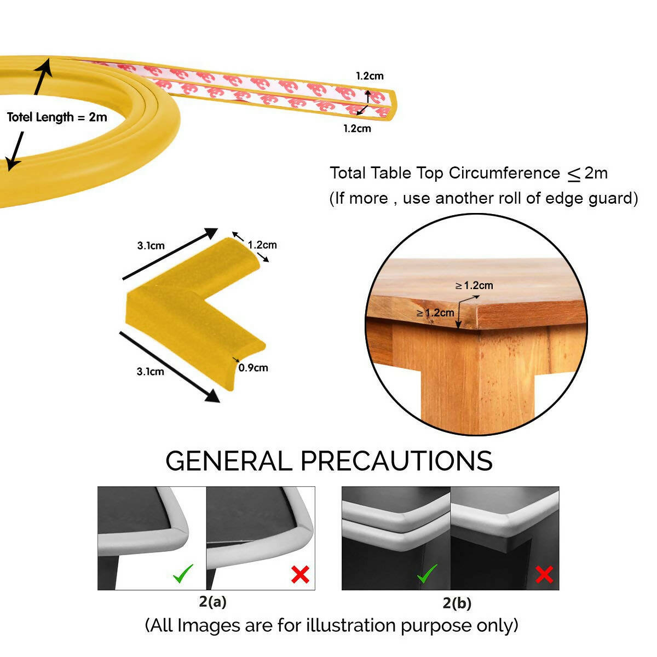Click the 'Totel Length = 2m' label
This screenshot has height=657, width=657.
pyautogui.click(x=57, y=117)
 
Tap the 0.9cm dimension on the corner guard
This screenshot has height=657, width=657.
pyautogui.click(x=253, y=367)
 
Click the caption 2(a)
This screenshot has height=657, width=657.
pyautogui.click(x=212, y=602)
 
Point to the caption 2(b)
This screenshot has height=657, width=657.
pyautogui.click(x=457, y=603)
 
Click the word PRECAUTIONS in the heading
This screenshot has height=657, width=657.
pyautogui.click(x=396, y=461)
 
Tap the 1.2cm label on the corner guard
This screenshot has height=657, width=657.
pyautogui.click(x=262, y=245)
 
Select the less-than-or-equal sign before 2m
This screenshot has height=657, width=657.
pyautogui.click(x=573, y=175)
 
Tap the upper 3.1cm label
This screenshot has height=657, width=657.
pyautogui.click(x=151, y=245)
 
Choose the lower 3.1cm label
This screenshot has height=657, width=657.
pyautogui.click(x=150, y=371)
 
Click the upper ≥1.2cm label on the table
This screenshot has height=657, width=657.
pyautogui.click(x=474, y=285)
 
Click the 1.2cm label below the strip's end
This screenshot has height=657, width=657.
pyautogui.click(x=357, y=129)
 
